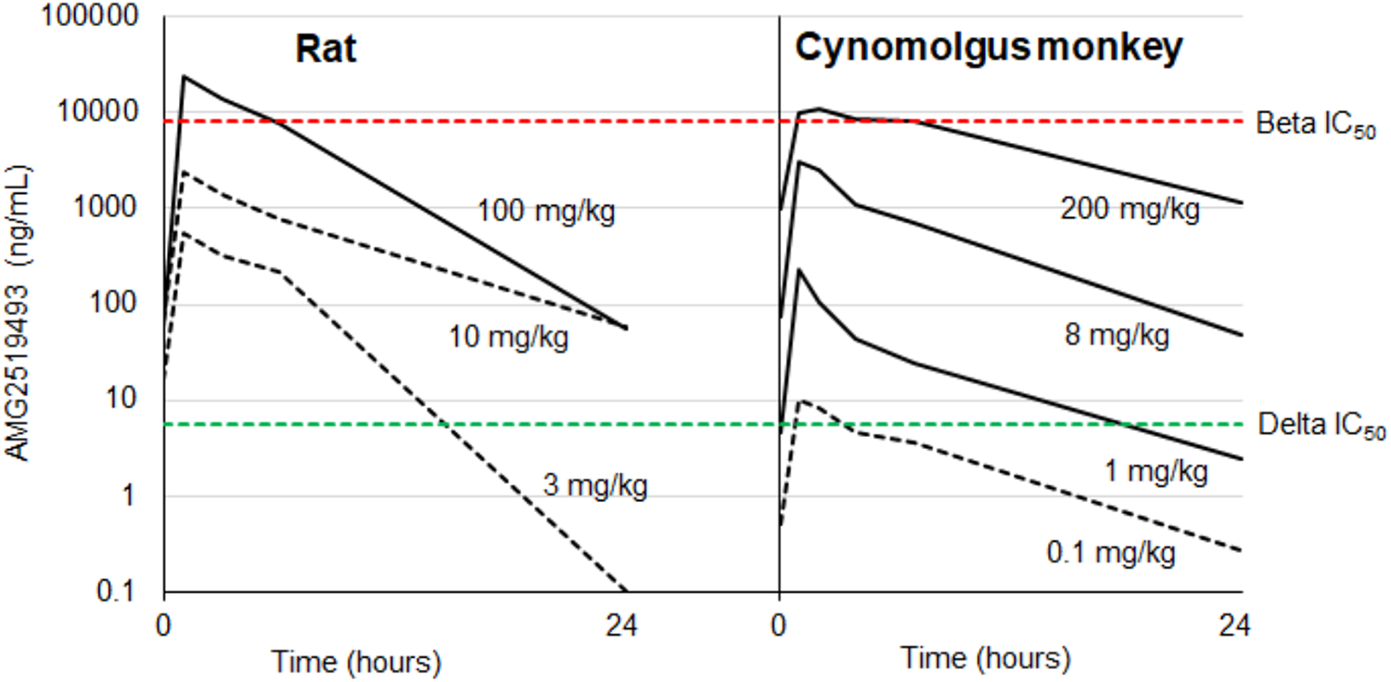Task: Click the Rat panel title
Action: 325,48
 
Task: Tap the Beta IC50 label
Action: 1316,124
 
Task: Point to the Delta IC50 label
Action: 1321,426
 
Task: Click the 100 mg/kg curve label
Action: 546,211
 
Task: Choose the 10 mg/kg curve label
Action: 508,337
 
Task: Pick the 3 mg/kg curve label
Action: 595,485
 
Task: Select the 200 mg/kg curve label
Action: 1129,210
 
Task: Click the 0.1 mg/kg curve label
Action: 1111,553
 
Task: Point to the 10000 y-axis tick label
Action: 97,111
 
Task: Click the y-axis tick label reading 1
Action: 128,495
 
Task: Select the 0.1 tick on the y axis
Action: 116,591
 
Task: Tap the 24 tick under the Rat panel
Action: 621,624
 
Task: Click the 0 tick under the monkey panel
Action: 779,624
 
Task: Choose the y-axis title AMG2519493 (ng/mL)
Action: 19,314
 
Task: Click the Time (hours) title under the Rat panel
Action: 356,663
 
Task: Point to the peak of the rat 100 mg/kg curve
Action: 184,76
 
